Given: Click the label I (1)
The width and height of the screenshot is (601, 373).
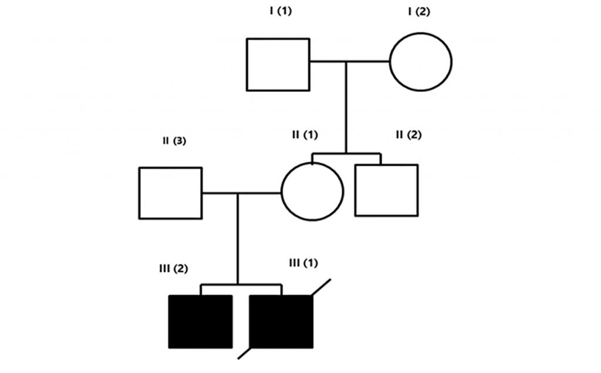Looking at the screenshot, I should [279, 12].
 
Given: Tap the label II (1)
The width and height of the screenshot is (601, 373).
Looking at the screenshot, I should [305, 135].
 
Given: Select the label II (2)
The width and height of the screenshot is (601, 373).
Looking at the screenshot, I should [408, 135].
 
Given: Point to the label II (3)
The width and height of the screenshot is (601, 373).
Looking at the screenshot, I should [174, 141].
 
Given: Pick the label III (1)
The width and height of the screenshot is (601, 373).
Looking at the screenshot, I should [303, 263].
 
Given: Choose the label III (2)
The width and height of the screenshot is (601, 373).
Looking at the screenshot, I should [173, 268].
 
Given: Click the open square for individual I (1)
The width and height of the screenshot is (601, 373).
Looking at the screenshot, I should [278, 65].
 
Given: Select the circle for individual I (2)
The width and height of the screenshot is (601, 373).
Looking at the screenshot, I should [421, 61].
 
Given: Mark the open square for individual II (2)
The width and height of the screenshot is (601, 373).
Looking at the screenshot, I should [386, 190].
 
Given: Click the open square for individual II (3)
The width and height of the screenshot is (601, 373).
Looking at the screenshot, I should [170, 193].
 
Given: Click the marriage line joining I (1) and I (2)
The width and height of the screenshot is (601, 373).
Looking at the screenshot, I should [350, 61].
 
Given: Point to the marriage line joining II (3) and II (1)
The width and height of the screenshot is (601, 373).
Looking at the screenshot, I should [241, 192].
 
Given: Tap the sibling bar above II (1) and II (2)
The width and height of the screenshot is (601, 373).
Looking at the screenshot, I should [346, 154].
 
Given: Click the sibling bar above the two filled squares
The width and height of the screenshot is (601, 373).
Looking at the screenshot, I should [241, 285].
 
